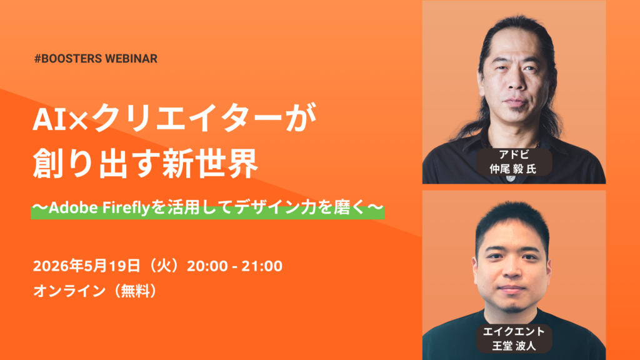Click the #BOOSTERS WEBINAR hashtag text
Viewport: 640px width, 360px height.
tap(96, 59)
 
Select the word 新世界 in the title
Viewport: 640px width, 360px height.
tap(216, 164)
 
